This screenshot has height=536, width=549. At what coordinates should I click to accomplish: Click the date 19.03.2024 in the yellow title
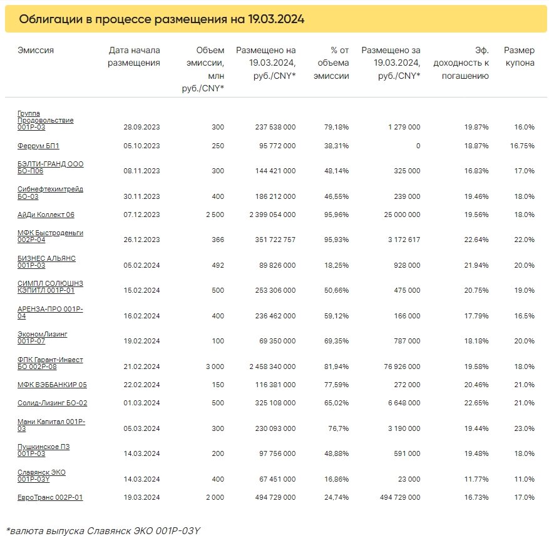pyautogui.click(x=276, y=19)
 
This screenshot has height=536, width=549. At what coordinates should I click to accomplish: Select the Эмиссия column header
pyautogui.click(x=36, y=51)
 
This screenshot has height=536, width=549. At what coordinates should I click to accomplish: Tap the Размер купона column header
pyautogui.click(x=519, y=56)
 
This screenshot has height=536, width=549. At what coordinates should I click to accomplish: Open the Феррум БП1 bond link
pyautogui.click(x=38, y=146)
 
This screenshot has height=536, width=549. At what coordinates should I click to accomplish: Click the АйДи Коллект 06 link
pyautogui.click(x=46, y=215)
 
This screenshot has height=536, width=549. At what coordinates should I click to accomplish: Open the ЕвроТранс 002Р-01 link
pyautogui.click(x=50, y=497)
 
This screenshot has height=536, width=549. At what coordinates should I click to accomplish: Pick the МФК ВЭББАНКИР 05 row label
pyautogui.click(x=52, y=385)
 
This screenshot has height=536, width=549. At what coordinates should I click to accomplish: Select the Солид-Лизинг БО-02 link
pyautogui.click(x=52, y=403)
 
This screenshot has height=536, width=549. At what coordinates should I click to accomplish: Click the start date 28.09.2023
pyautogui.click(x=141, y=127)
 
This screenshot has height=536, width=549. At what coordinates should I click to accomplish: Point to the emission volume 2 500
pyautogui.click(x=215, y=215)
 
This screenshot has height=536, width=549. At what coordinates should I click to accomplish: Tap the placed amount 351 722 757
pyautogui.click(x=275, y=240)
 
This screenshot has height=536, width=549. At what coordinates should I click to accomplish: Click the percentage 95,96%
pyautogui.click(x=336, y=215)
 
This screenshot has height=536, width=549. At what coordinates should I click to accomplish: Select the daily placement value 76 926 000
pyautogui.click(x=402, y=367)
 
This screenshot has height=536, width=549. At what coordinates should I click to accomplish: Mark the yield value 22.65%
pyautogui.click(x=476, y=403)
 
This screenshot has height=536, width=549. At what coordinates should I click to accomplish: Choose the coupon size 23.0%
pyautogui.click(x=524, y=428)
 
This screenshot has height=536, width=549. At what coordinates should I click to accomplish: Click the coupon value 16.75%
pyautogui.click(x=522, y=146)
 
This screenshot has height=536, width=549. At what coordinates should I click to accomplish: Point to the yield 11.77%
pyautogui.click(x=476, y=479)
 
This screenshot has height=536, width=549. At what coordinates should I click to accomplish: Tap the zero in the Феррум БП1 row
pyautogui.click(x=418, y=146)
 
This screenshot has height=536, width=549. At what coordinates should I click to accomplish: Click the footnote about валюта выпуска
pyautogui.click(x=103, y=530)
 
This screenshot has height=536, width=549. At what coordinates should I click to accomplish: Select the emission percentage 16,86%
pyautogui.click(x=336, y=479)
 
